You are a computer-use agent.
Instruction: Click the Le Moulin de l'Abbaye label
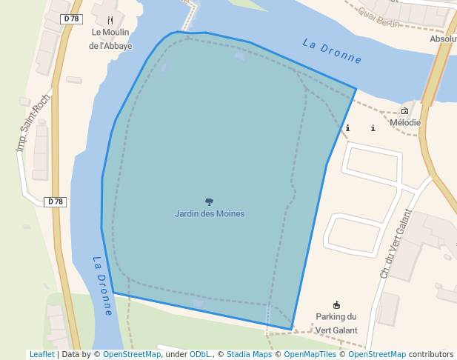pos(110,39)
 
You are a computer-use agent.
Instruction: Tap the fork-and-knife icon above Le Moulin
pos(110,19)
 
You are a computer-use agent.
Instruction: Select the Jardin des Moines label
pos(210,213)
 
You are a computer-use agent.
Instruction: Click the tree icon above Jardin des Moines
pos(210,201)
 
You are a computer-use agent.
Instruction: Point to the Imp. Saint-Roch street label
pos(33,123)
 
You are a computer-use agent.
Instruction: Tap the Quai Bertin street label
pos(377,16)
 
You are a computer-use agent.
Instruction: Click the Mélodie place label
pos(405,123)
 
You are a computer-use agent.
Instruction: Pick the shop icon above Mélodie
pos(404,111)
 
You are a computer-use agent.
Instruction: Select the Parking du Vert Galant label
pos(336,324)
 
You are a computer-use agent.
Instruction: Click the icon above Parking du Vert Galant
pos(337,304)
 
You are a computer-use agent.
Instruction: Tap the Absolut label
pos(443,39)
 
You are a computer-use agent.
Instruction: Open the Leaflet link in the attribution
pos(41,355)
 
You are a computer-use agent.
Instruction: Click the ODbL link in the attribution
pos(200,355)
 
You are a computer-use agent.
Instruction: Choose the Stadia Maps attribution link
pos(249,355)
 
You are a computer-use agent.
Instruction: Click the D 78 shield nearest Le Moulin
pos(72,19)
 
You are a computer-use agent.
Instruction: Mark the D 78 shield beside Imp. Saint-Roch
pos(56,201)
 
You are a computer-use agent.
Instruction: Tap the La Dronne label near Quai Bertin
pos(332,50)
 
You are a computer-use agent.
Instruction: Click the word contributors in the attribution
pos(431,355)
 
